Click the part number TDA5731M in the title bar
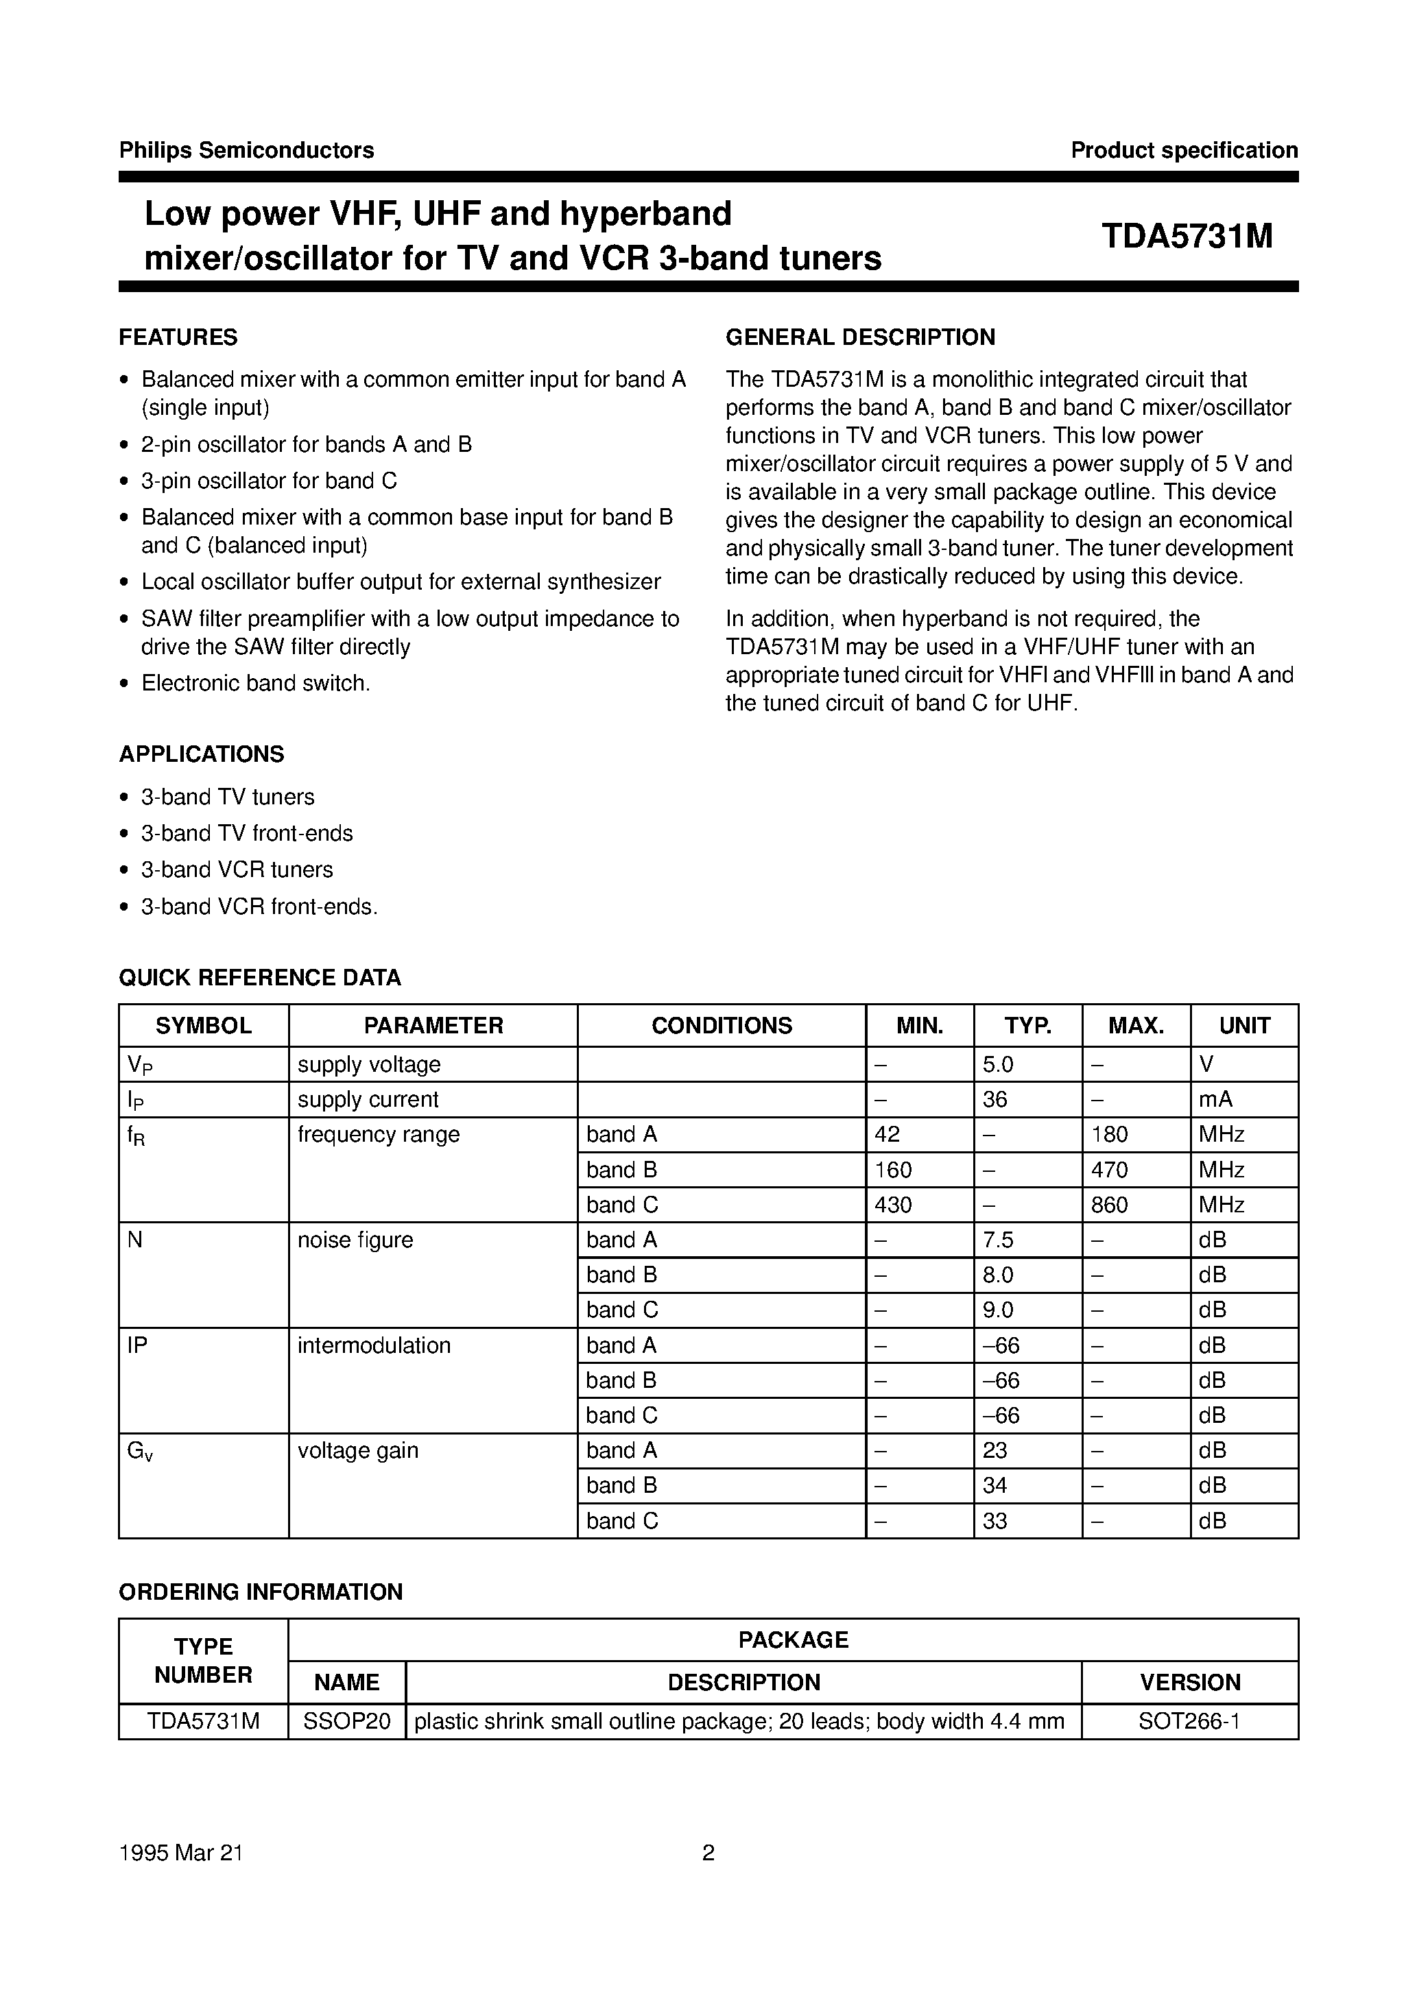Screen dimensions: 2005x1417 [x=1187, y=237]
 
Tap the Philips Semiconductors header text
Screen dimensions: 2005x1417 [x=246, y=150]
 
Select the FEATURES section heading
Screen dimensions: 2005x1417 [x=178, y=337]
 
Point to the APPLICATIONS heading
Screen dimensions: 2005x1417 [x=201, y=754]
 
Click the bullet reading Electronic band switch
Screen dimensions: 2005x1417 [x=255, y=683]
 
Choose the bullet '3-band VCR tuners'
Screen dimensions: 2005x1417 [x=237, y=869]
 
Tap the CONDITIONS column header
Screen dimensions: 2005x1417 [x=722, y=1025]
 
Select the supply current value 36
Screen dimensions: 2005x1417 [x=995, y=1099]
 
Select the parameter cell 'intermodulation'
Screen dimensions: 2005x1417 [x=374, y=1345]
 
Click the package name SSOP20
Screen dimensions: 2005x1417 [x=346, y=1721]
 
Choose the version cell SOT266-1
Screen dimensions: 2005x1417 [x=1189, y=1721]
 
